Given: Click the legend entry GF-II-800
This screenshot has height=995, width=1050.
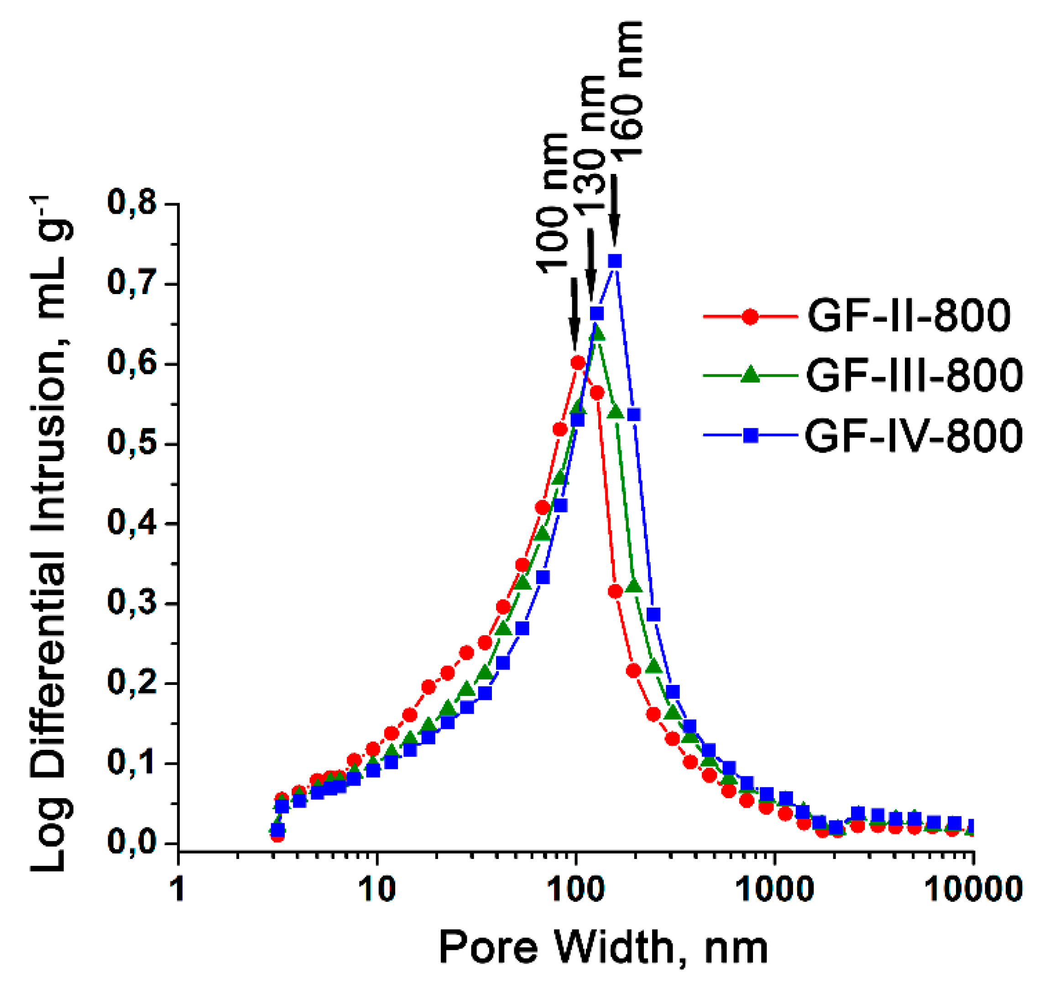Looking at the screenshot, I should [909, 316].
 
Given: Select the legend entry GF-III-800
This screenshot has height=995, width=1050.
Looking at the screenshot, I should [914, 375].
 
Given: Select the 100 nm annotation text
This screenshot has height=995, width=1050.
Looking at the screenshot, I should [553, 203].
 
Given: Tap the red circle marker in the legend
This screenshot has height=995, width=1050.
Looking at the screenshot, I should [750, 317].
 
